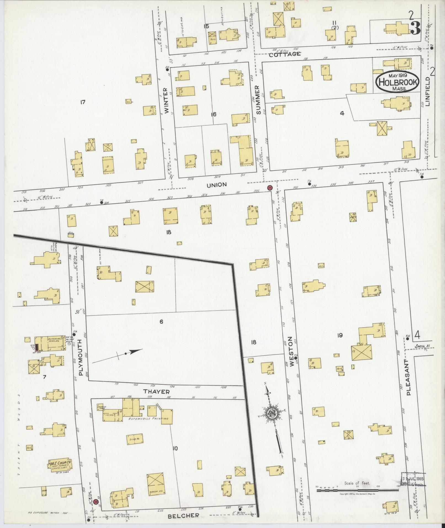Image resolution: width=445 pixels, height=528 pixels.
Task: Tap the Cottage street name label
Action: pos(285,54)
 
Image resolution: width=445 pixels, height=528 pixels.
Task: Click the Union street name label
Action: pos(217,185)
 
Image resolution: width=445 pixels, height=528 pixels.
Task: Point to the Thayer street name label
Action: pos(156,392)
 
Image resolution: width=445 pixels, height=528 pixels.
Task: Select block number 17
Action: pos(82,102)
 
